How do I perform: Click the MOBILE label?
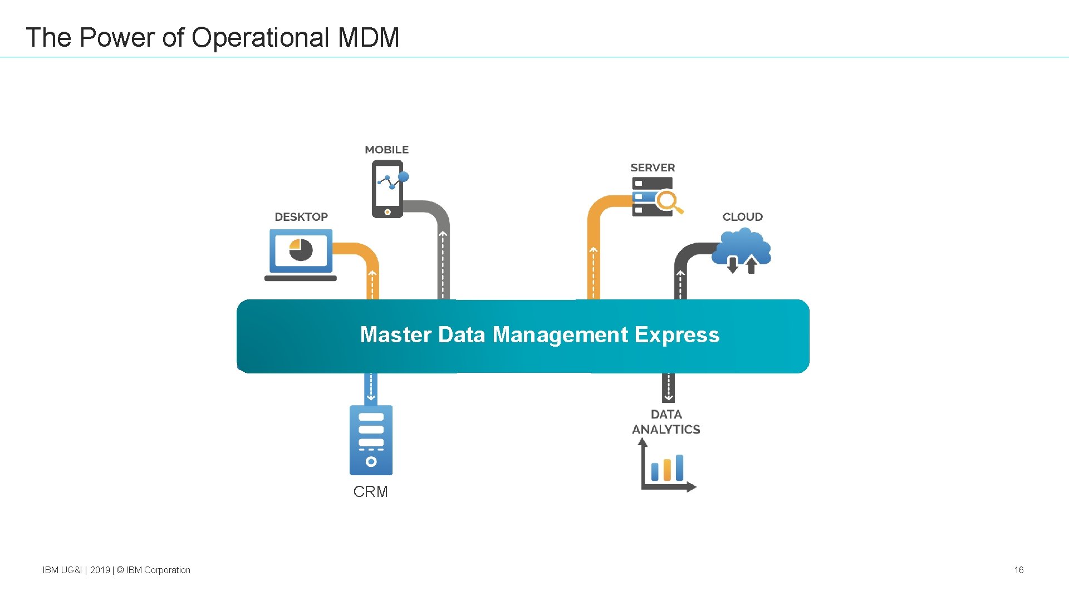coord(386,150)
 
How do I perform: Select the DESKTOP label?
coord(301,217)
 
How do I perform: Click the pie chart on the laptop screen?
coord(301,250)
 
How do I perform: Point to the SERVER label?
coord(653,168)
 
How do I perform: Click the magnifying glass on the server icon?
coord(668,201)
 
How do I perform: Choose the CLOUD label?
coord(742,217)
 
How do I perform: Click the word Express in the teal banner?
coord(676,335)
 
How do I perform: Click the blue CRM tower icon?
coord(371,440)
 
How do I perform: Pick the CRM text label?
coord(370,492)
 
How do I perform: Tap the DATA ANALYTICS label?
coord(666,422)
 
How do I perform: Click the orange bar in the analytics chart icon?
coord(667,470)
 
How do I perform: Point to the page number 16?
coord(1018,570)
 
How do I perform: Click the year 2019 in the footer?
coord(100,570)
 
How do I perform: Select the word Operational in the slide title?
coord(261,38)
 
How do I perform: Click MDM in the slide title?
coord(369,38)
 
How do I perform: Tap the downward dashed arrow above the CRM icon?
coord(371,388)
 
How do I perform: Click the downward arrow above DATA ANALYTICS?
coord(668,388)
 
